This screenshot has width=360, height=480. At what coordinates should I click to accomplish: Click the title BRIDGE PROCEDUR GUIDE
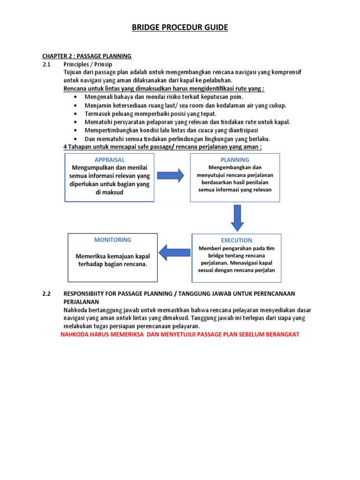click(180, 28)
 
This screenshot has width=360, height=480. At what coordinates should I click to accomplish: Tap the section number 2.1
click(46, 64)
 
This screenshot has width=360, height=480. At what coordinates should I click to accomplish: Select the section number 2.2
click(46, 293)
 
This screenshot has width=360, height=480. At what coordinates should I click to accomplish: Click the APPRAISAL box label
click(109, 160)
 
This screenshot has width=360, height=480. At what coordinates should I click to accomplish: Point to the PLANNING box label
click(235, 160)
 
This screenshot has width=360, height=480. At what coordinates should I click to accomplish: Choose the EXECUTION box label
click(236, 240)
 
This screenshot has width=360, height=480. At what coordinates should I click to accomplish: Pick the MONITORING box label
click(112, 240)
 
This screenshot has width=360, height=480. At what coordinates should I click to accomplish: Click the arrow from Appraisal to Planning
click(171, 176)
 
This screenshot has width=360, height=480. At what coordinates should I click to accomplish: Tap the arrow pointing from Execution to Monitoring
click(174, 253)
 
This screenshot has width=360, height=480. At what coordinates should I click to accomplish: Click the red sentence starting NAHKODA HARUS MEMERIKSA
click(180, 334)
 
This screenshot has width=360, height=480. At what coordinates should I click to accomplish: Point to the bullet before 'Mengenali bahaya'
click(76, 97)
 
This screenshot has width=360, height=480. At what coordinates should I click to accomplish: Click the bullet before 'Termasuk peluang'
click(76, 113)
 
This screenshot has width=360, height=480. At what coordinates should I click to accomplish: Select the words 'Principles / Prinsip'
click(88, 64)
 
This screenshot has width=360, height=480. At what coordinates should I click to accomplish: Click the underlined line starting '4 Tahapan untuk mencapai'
click(162, 147)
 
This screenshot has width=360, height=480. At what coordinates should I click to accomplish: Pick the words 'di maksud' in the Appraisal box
click(109, 192)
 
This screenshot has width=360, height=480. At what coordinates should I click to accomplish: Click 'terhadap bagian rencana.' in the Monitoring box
click(112, 264)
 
